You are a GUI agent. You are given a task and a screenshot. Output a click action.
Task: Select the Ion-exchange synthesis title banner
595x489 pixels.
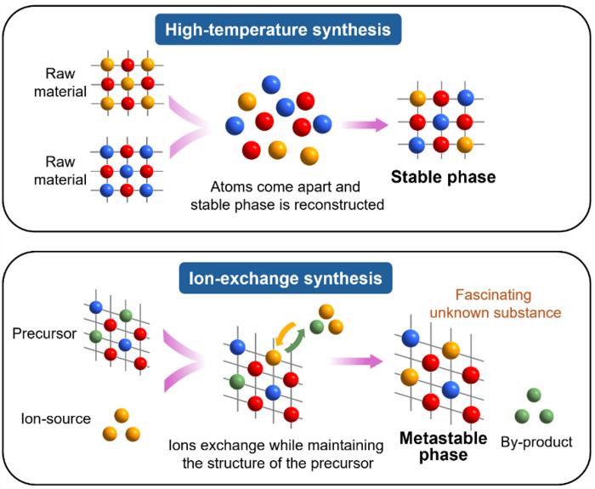[297, 278]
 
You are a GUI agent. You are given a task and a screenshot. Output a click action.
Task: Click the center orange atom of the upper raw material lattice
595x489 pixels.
[127, 83]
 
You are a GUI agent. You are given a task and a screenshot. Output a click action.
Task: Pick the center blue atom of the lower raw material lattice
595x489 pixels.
[127, 172]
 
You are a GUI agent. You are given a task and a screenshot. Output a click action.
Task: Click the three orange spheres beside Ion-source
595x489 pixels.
[119, 425]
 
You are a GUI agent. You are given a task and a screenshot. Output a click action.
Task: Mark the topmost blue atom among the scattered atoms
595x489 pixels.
[269, 83]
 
